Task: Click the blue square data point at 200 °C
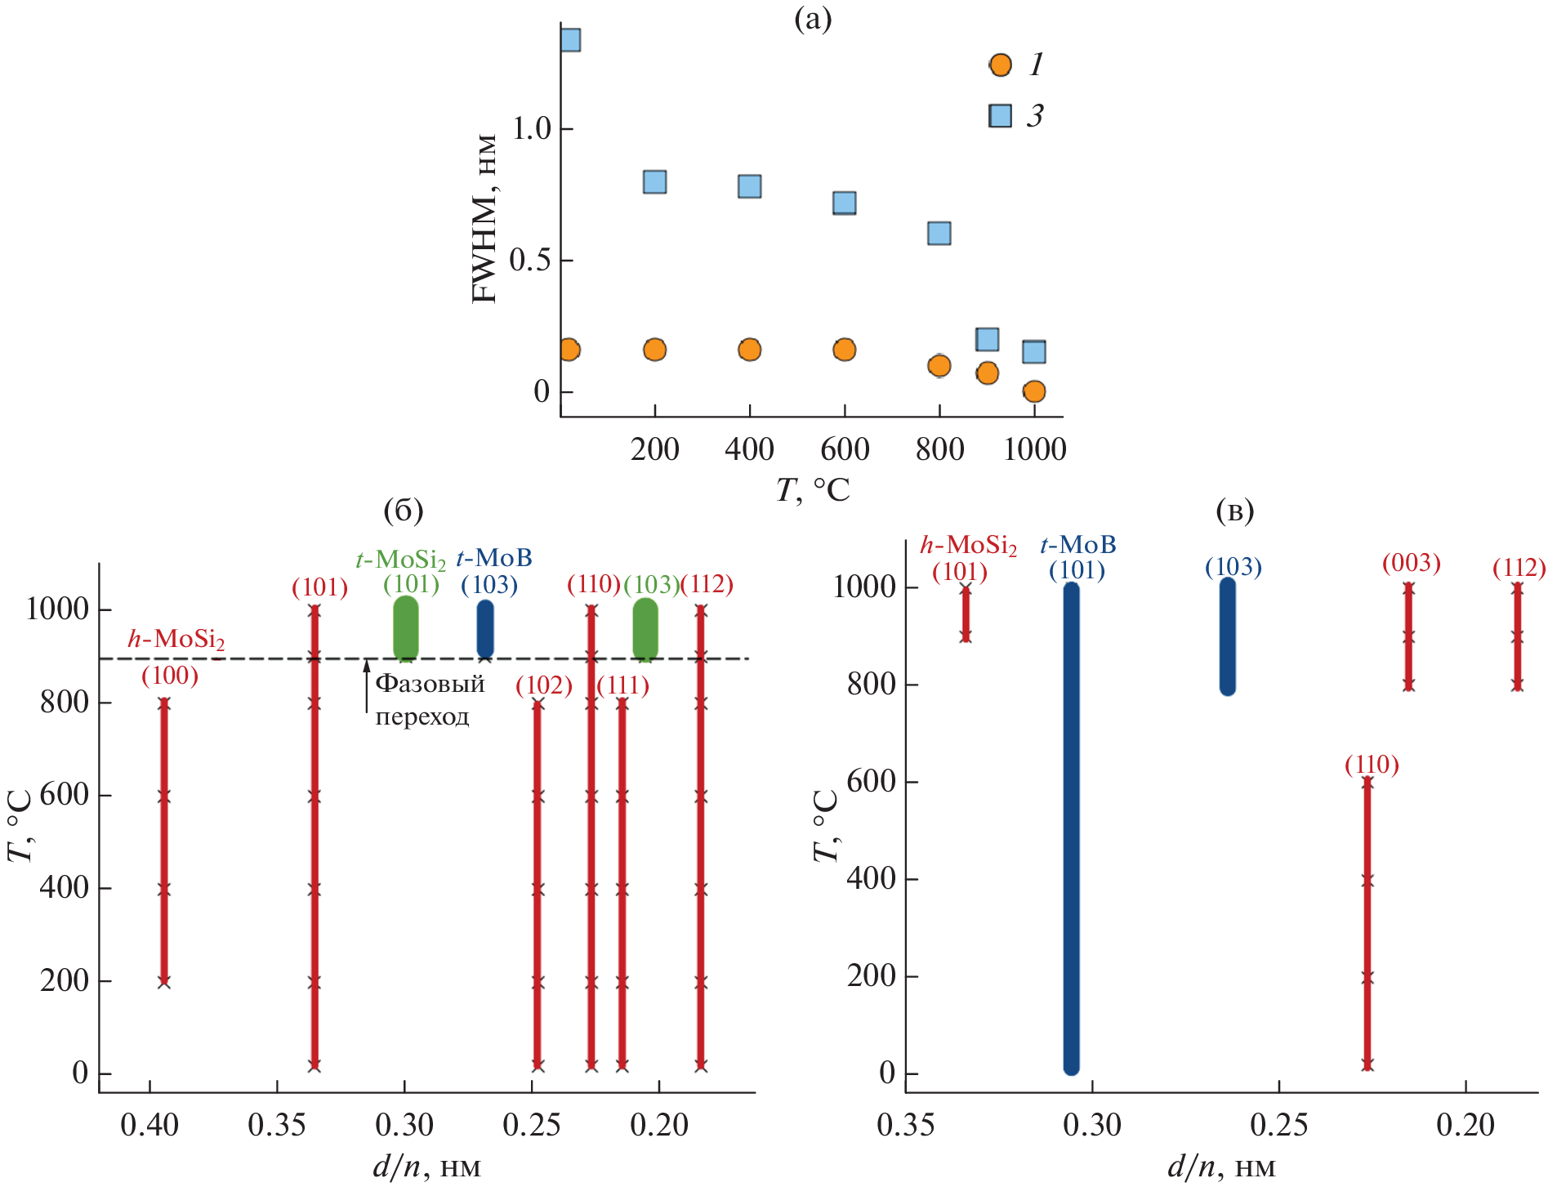[654, 181]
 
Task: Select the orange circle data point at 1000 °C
[1033, 391]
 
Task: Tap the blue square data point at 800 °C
[939, 233]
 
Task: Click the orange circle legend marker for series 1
[1000, 65]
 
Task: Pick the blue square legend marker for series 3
[1000, 116]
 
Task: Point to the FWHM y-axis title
[485, 219]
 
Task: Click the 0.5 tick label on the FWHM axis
[530, 261]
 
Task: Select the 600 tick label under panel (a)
[845, 449]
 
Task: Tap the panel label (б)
[404, 511]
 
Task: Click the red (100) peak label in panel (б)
[170, 676]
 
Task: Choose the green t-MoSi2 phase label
[400, 560]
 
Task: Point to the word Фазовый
[430, 684]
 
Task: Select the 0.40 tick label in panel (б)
[149, 1125]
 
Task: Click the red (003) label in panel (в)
[1411, 563]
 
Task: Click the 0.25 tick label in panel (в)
[1279, 1125]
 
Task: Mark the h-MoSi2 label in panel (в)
[968, 545]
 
